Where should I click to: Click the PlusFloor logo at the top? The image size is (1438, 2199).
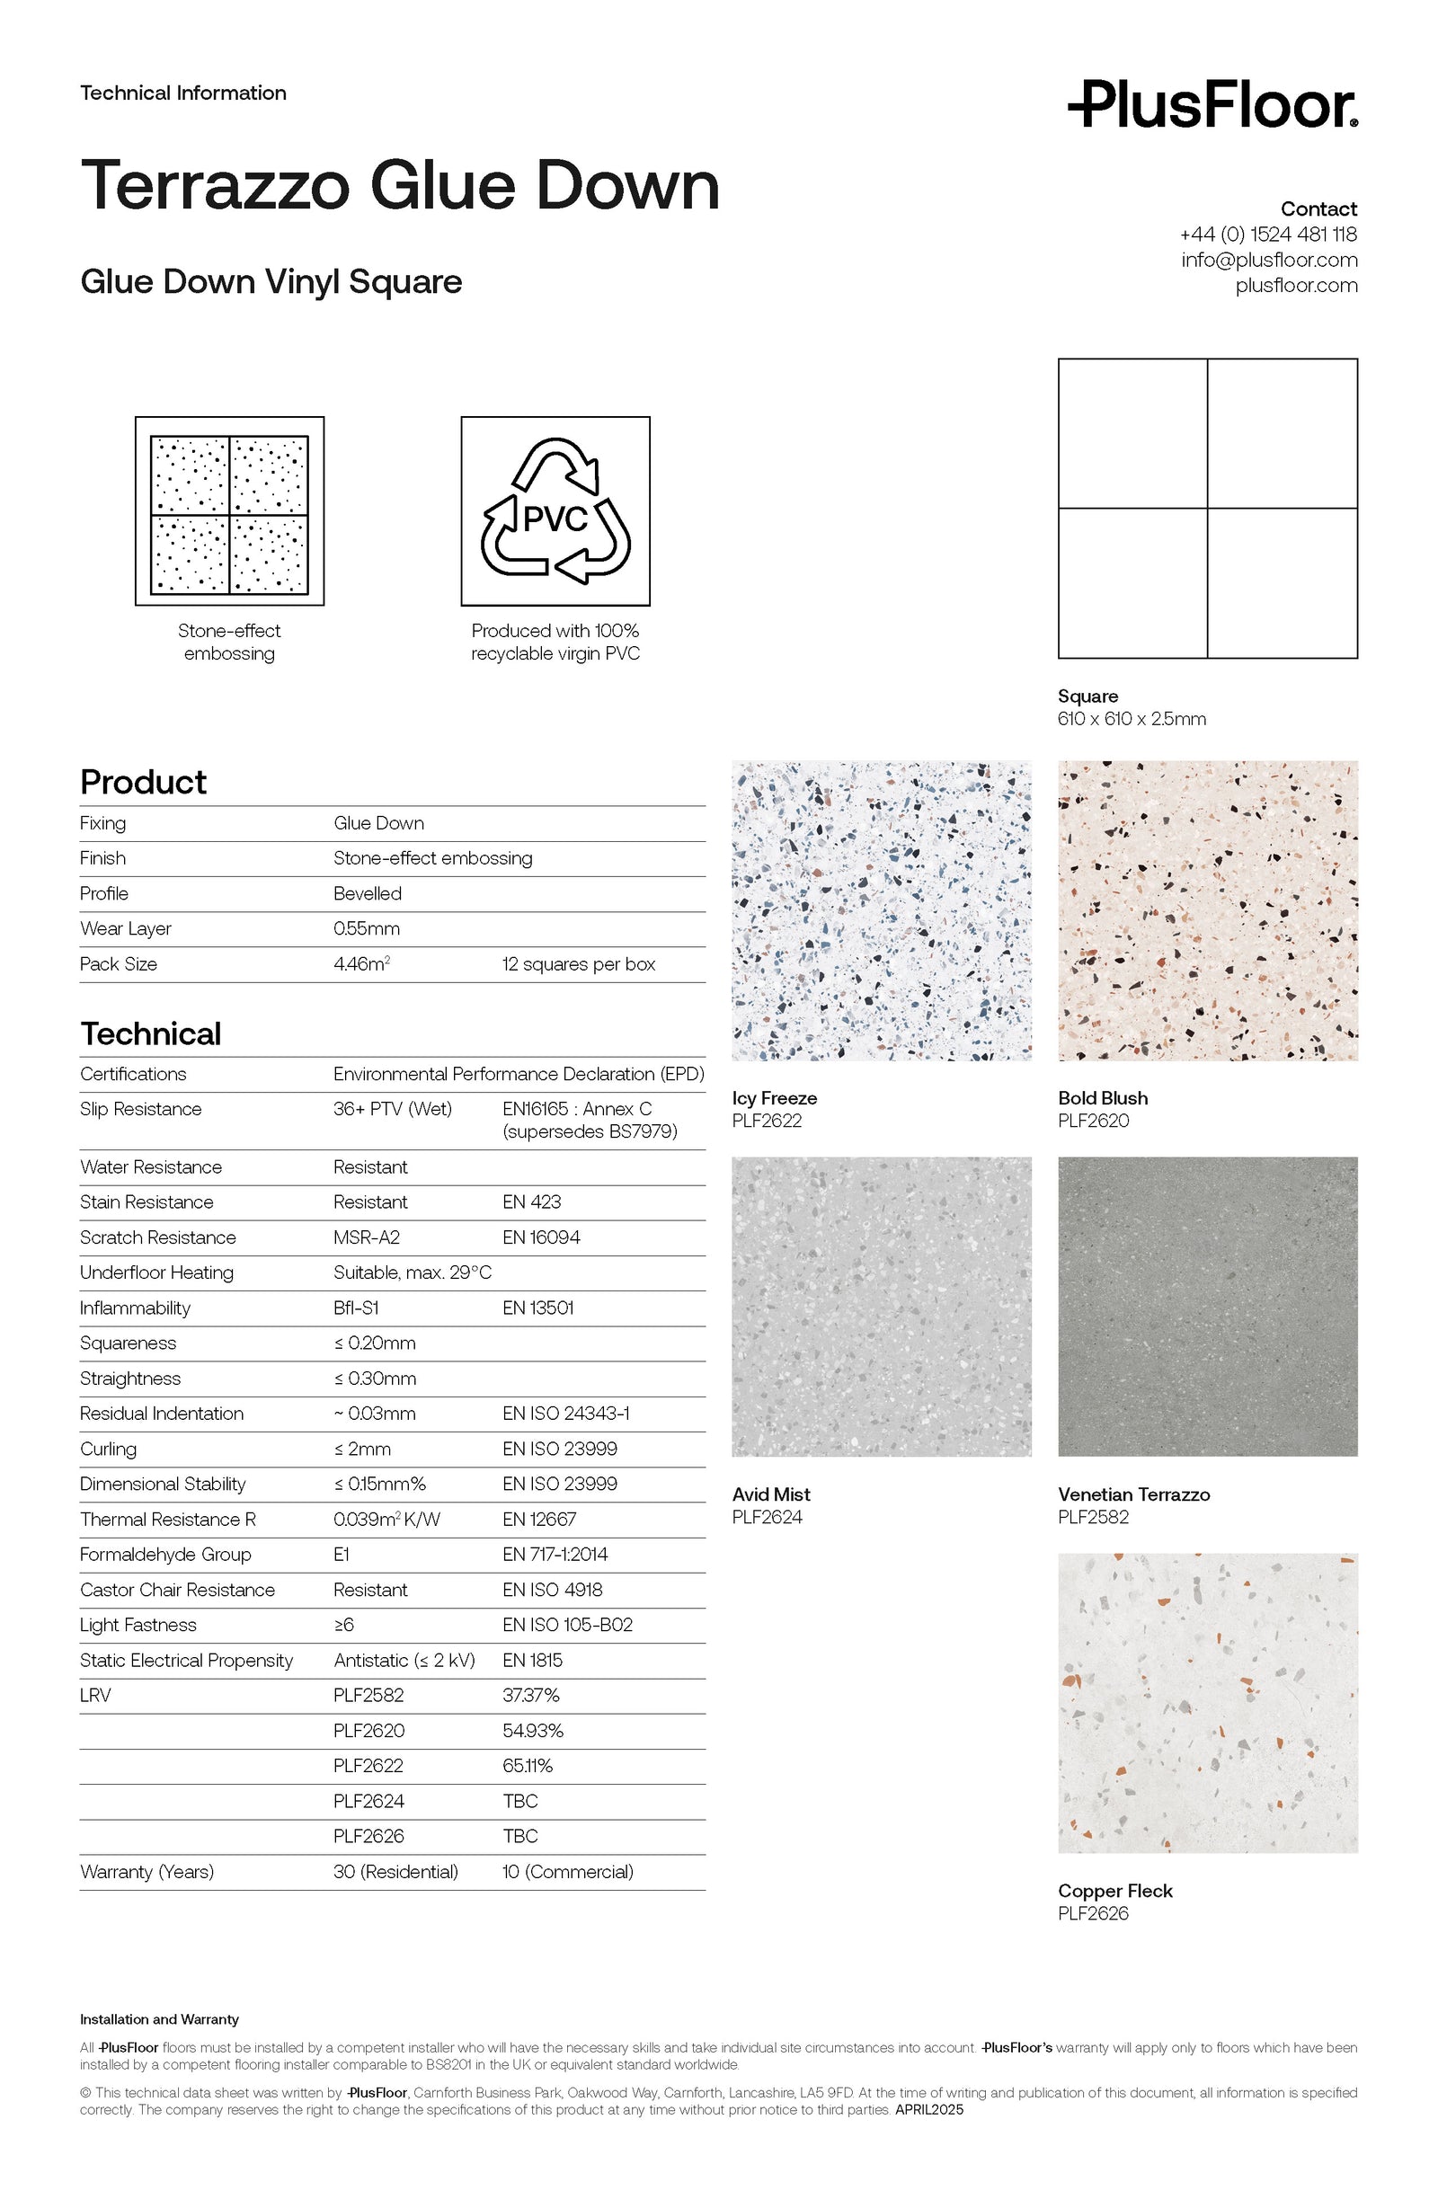(x=1212, y=104)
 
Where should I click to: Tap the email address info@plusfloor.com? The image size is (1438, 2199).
(x=1268, y=260)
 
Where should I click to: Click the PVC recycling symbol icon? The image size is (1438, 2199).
(x=555, y=511)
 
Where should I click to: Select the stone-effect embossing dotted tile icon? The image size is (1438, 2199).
(x=229, y=511)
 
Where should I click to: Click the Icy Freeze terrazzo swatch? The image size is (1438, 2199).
(x=881, y=910)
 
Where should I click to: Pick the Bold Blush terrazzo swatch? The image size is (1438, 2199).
(x=1207, y=910)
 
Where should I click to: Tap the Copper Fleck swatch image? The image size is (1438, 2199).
(x=1207, y=1702)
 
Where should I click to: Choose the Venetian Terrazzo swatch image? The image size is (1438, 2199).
(x=1207, y=1307)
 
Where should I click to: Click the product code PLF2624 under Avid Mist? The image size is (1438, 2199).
(x=767, y=1517)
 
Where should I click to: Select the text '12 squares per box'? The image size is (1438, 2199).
(x=579, y=963)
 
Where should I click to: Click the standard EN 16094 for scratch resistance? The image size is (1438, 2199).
(x=542, y=1237)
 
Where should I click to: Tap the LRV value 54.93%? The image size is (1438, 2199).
(x=533, y=1731)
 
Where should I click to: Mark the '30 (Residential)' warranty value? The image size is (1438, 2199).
(x=395, y=1872)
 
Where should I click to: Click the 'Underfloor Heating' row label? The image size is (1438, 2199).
(x=156, y=1272)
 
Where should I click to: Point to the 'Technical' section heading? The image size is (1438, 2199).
(x=151, y=1034)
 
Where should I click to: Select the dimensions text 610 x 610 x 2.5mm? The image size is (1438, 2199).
(x=1132, y=719)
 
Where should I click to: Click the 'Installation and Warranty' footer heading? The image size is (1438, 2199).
(x=159, y=2020)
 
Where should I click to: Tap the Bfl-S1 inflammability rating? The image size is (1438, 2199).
(x=356, y=1308)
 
